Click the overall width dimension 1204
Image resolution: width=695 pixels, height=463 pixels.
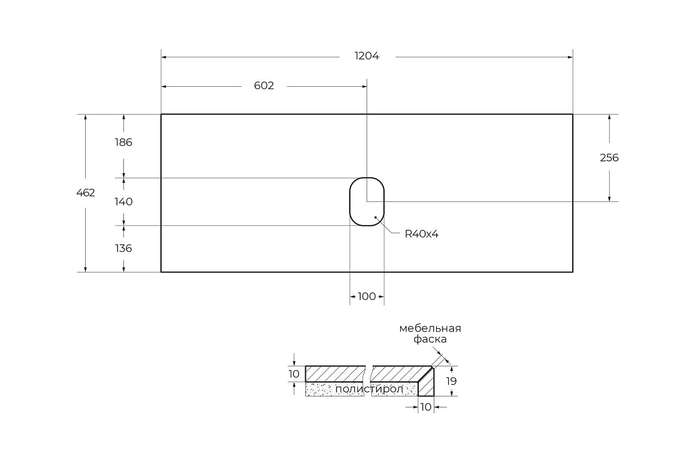[367, 56]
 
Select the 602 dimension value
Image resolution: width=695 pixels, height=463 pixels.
[264, 86]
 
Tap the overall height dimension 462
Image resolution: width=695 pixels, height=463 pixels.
[86, 193]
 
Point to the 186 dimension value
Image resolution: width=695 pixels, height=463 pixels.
[123, 142]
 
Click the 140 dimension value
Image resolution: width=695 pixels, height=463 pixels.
[123, 202]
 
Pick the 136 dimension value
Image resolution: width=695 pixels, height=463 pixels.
[123, 248]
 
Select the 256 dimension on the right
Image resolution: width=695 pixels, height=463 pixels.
[609, 158]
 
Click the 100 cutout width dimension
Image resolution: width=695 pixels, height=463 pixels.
[367, 296]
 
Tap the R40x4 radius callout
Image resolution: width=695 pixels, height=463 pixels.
[422, 234]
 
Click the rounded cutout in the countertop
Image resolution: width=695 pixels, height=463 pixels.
[350, 201]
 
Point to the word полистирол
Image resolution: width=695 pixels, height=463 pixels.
[370, 389]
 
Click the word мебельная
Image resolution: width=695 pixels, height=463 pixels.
[430, 328]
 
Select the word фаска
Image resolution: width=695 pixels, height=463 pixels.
[430, 339]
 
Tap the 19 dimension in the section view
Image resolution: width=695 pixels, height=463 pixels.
[451, 381]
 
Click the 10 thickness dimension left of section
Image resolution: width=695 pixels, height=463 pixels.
[294, 374]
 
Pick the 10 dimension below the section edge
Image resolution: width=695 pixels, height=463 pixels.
[426, 407]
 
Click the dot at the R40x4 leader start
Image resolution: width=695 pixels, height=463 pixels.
[375, 218]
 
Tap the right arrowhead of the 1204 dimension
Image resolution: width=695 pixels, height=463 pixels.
[570, 57]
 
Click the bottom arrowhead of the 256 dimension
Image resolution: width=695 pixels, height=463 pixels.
[609, 199]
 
